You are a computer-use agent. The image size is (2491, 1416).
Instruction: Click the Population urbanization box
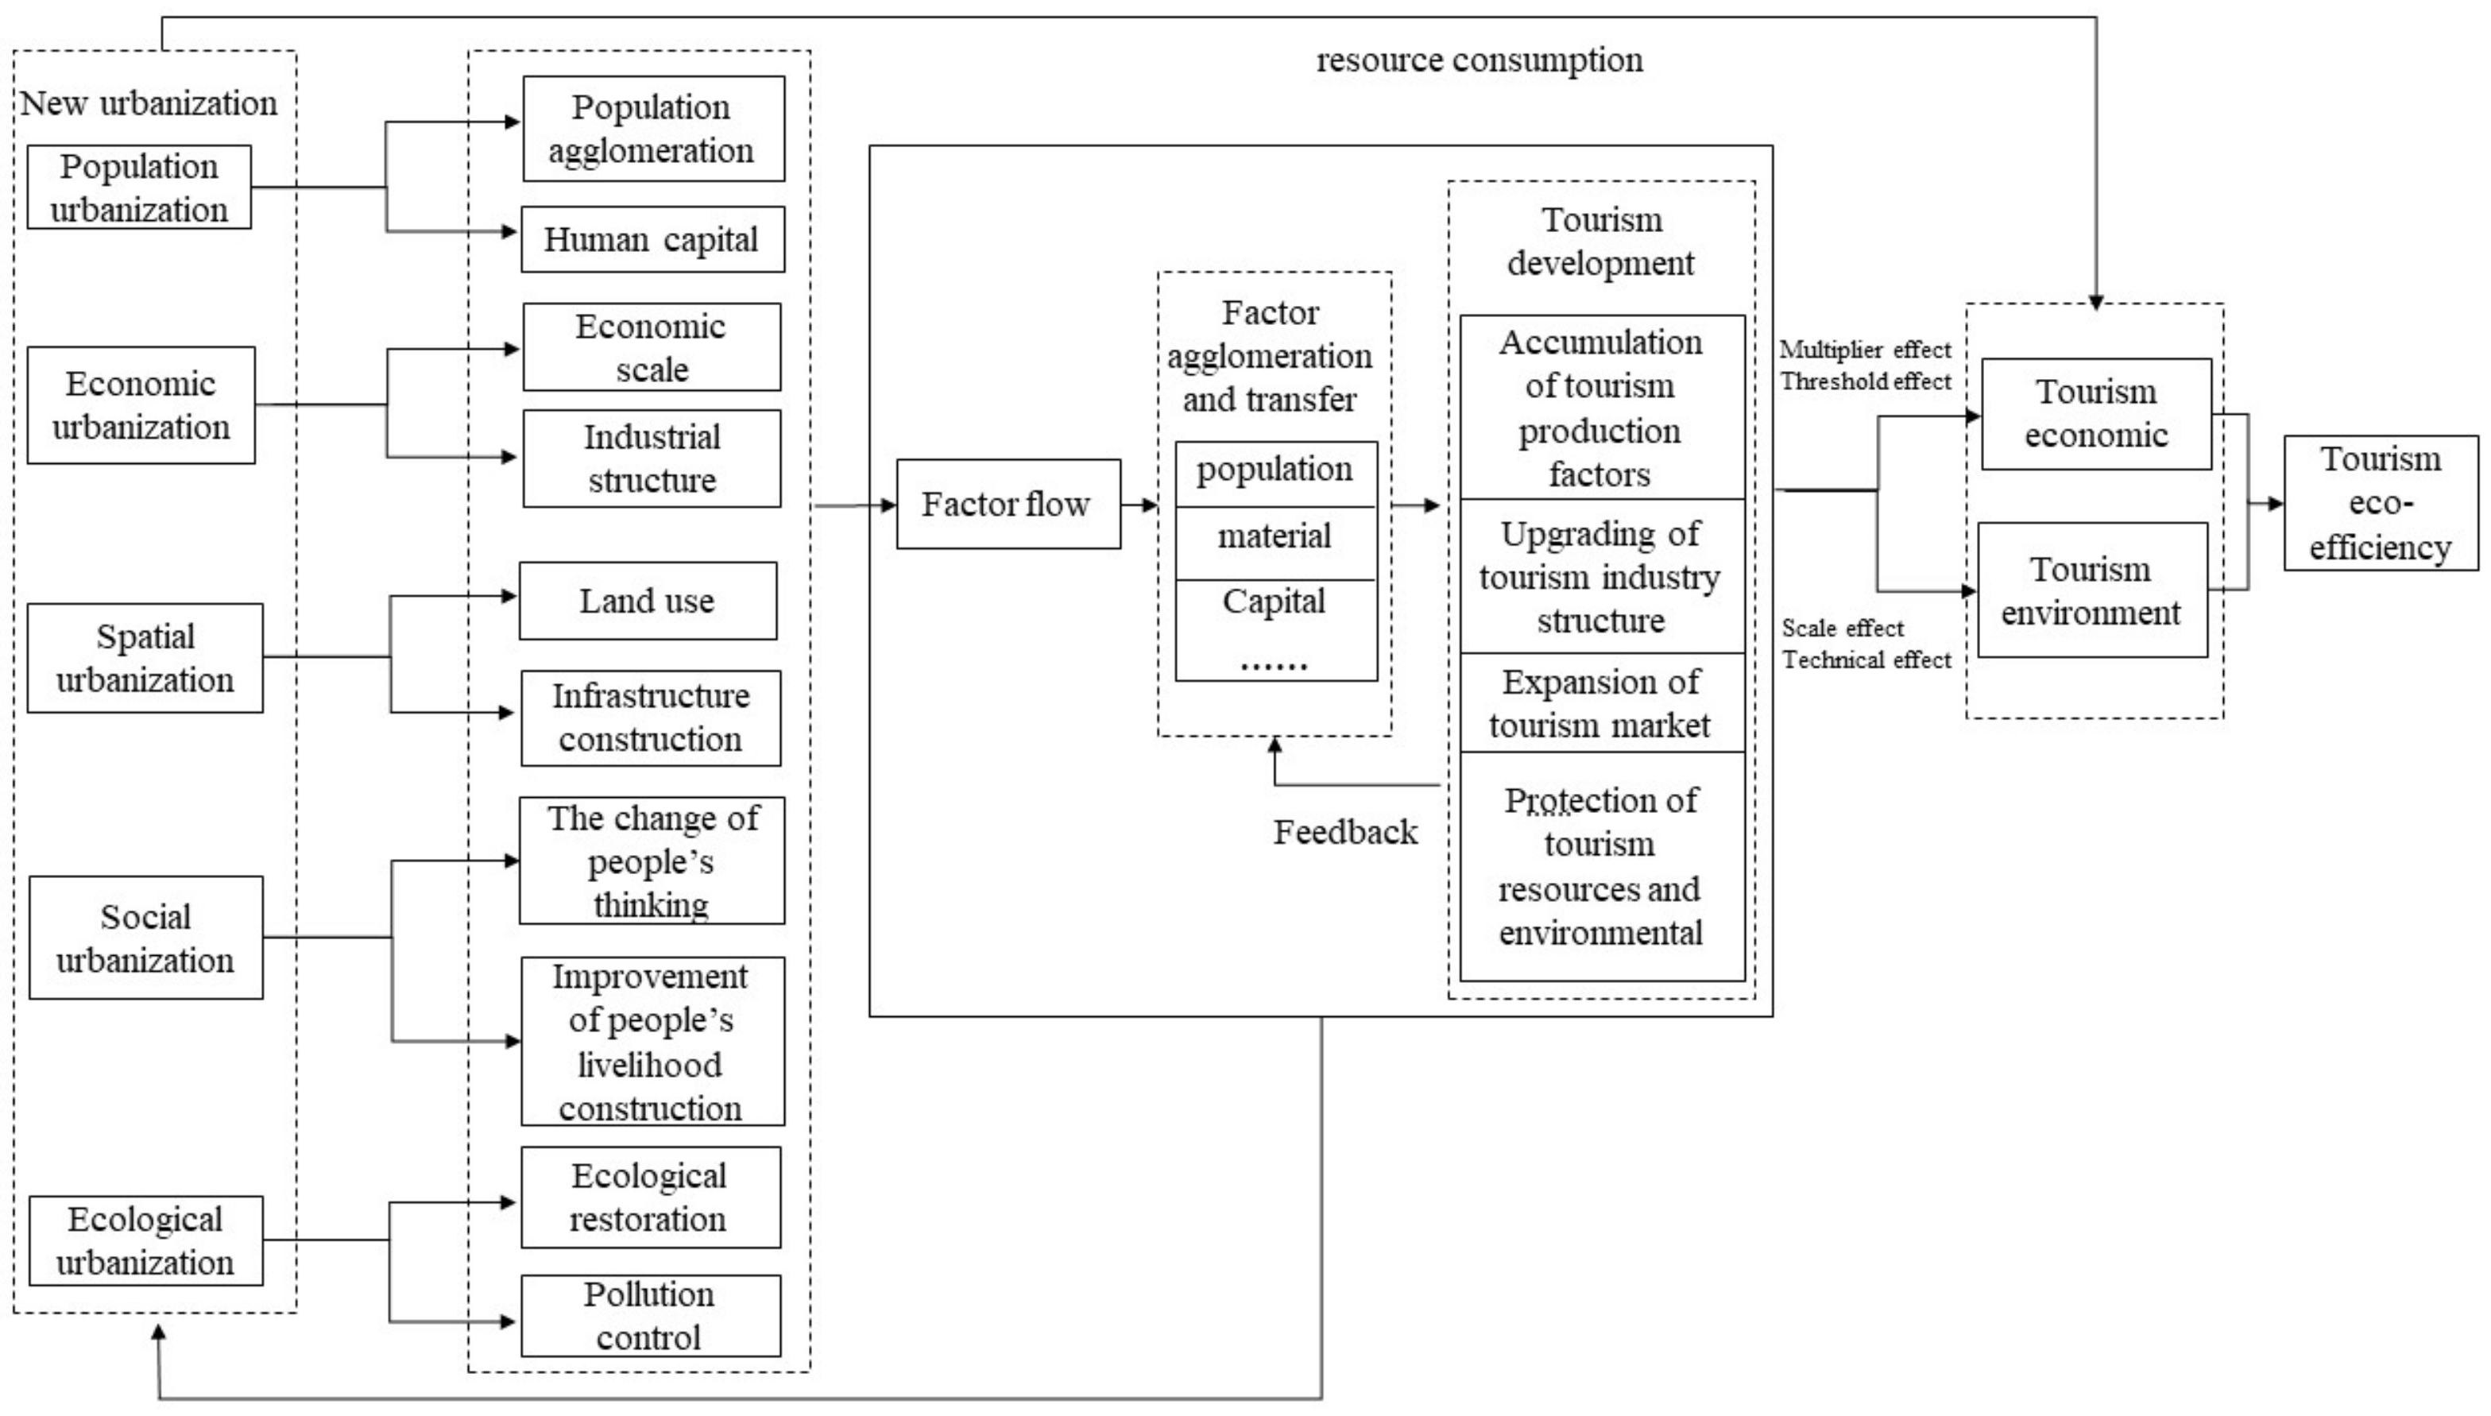(x=139, y=188)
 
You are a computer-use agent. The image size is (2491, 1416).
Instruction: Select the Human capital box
(x=652, y=239)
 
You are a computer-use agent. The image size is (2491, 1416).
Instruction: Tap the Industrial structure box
(x=652, y=458)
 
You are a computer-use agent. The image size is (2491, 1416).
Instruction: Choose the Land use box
(x=648, y=601)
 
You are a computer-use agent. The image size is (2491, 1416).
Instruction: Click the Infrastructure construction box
(x=651, y=718)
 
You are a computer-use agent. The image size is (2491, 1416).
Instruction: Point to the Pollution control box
(x=651, y=1316)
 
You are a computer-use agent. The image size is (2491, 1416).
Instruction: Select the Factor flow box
(x=1008, y=504)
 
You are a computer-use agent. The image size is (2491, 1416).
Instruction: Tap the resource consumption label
(x=1479, y=60)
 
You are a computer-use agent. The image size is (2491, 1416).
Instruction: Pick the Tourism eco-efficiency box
(x=2381, y=503)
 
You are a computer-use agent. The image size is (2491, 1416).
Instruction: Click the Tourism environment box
(x=2092, y=590)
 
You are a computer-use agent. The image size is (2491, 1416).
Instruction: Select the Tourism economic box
(x=2096, y=414)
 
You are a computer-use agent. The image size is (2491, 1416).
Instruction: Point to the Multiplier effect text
(x=1865, y=350)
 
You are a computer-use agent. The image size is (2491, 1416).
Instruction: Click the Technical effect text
(x=1866, y=660)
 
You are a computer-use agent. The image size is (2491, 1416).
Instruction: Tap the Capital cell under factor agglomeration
(x=1275, y=602)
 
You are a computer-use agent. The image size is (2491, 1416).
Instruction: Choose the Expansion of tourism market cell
(x=1601, y=703)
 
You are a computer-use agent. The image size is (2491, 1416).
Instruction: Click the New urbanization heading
(x=149, y=103)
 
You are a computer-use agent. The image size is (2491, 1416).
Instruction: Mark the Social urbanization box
(x=146, y=938)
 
